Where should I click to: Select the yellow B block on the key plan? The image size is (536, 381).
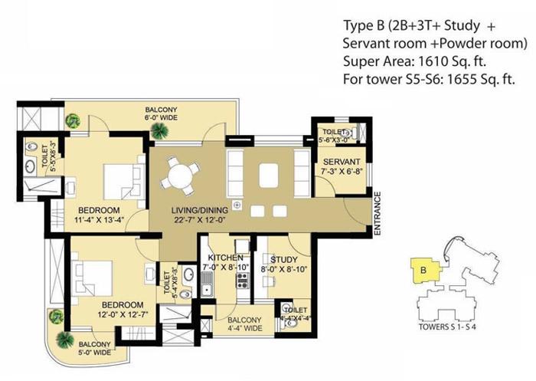coord(423,270)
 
